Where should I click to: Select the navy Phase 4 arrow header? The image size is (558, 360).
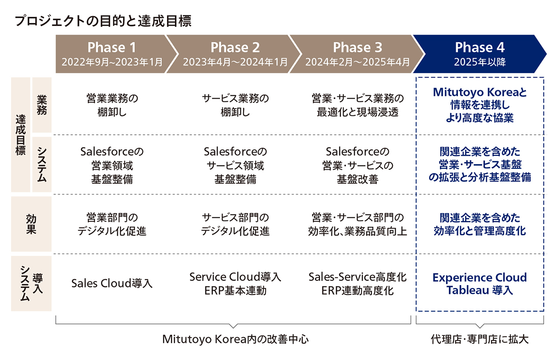pos(479,54)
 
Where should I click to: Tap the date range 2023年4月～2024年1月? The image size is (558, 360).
pos(235,62)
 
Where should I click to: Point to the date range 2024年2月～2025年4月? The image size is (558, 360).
pos(358,62)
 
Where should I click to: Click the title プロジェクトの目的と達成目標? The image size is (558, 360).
pos(103,20)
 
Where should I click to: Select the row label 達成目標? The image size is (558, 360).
pos(20,135)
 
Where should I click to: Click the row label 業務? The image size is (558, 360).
pos(42,105)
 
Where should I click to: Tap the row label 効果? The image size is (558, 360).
pos(31,224)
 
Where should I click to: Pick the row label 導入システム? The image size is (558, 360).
pos(32,284)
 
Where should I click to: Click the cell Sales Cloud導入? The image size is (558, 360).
pos(112,283)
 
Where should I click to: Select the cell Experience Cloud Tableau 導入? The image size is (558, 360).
pos(479,284)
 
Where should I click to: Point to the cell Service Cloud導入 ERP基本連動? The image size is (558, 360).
pos(235,284)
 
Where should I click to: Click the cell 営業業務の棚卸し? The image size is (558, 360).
pos(112,105)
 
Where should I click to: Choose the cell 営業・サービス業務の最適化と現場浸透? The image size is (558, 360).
pos(358,105)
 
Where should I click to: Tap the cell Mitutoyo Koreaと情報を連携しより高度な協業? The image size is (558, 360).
pos(479,105)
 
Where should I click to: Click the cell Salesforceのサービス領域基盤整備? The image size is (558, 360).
pos(235,165)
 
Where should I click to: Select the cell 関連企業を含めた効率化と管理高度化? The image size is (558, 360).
pos(479,225)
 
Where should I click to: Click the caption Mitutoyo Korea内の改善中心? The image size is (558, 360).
pos(235,339)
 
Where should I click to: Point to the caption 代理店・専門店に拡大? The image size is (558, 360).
pos(479,339)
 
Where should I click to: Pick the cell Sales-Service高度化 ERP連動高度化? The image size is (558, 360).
pos(358,284)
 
